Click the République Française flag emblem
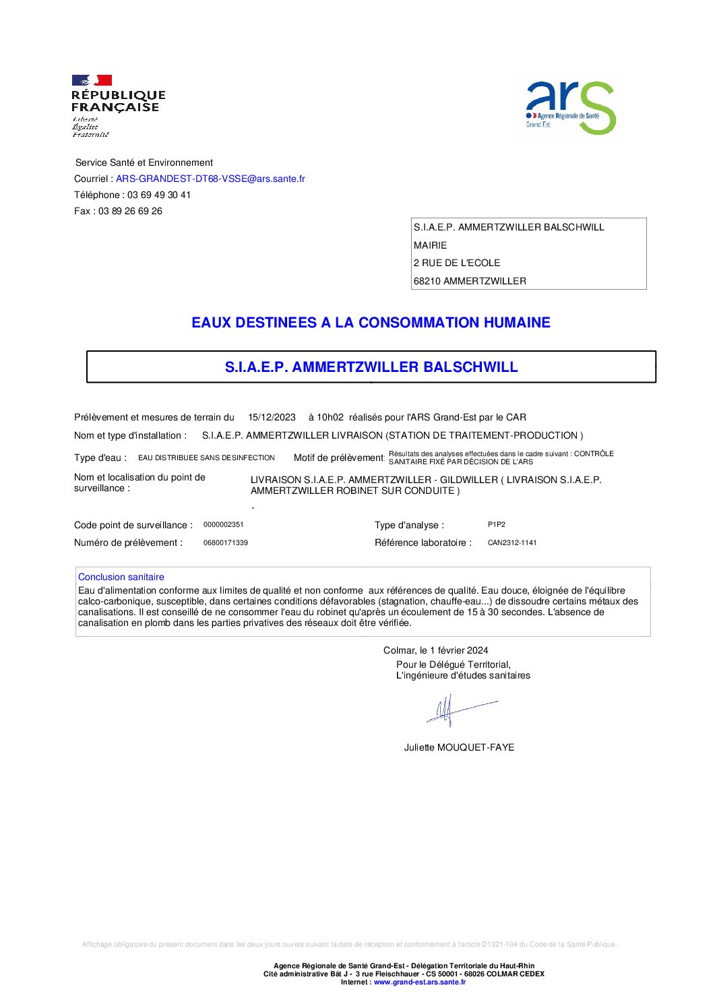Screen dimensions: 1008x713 [x=92, y=81]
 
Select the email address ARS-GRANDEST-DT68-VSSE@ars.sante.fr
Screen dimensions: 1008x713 [x=210, y=179]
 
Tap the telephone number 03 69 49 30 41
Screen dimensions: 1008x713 [x=159, y=195]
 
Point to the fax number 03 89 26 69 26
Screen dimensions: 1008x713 [x=130, y=211]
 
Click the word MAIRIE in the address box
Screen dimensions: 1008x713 [x=430, y=245]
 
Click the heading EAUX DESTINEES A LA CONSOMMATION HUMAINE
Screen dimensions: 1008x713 [x=371, y=323]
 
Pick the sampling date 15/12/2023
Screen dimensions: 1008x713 [x=272, y=417]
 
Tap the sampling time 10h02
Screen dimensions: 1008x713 [x=330, y=417]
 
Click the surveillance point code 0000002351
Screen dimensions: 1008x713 [x=223, y=524]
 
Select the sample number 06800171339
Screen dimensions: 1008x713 [x=225, y=542]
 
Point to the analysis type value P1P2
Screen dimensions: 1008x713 [x=496, y=524]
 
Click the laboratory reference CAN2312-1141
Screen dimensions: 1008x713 [x=512, y=542]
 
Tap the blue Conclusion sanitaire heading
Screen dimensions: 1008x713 [x=121, y=577]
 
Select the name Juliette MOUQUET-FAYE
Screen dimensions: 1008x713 [x=459, y=747]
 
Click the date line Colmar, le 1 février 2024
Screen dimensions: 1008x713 [x=435, y=650]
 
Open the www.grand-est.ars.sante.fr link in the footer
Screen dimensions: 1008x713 [x=419, y=982]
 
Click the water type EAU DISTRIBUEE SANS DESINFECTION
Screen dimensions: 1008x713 [x=206, y=458]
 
